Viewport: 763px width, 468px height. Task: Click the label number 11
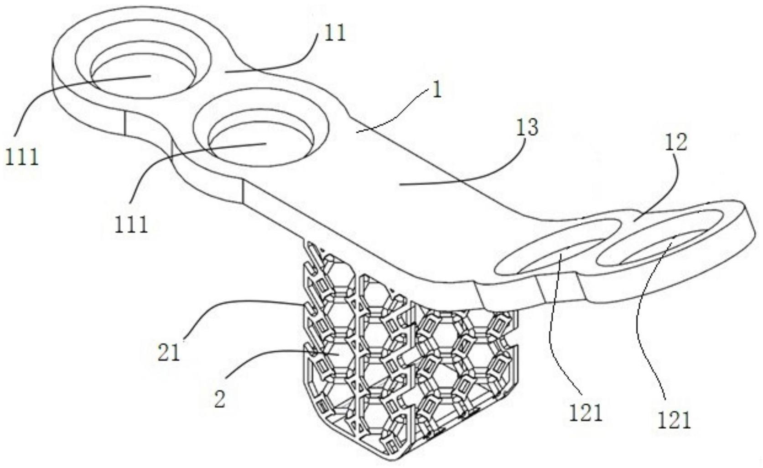tap(335, 33)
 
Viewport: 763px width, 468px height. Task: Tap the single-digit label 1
tap(437, 90)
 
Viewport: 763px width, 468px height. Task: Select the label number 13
tap(527, 128)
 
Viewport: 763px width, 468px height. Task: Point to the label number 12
tap(675, 143)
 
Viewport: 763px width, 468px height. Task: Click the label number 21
tap(169, 353)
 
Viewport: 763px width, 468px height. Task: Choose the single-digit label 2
tap(220, 400)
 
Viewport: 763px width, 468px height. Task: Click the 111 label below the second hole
tap(131, 224)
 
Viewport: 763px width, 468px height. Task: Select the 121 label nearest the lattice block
tap(586, 413)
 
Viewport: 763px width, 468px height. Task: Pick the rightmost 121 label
tap(674, 420)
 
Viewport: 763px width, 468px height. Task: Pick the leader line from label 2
tap(274, 352)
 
